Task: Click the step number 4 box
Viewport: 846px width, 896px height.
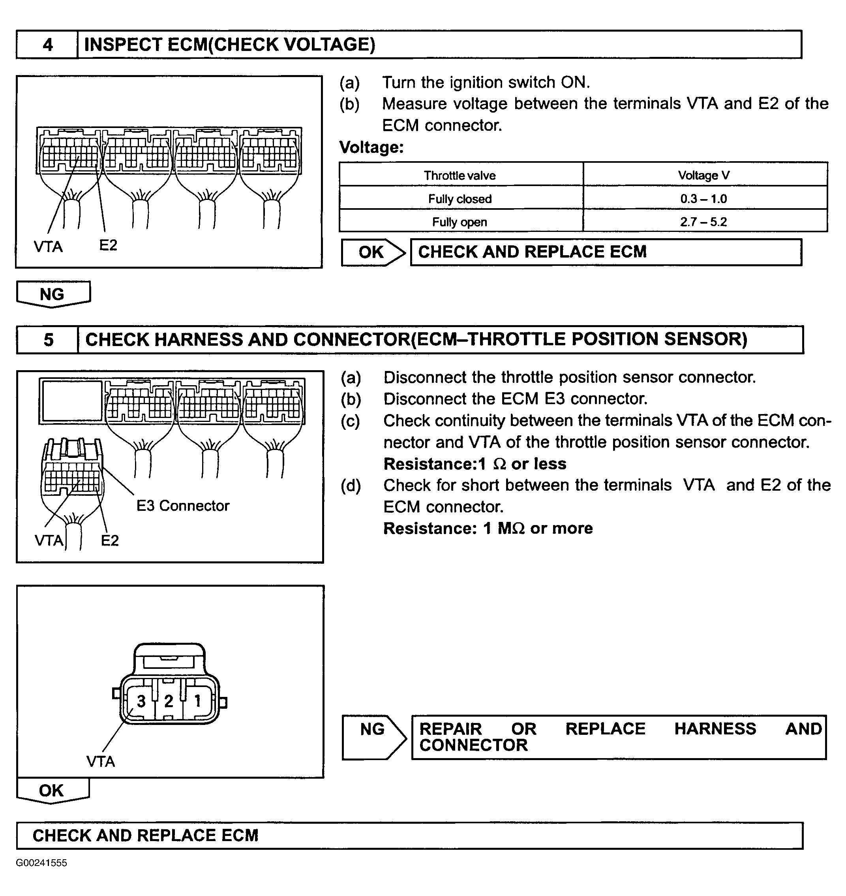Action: pyautogui.click(x=47, y=45)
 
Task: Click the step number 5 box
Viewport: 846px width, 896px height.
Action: pyautogui.click(x=48, y=340)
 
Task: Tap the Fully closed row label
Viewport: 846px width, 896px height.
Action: pyautogui.click(x=460, y=199)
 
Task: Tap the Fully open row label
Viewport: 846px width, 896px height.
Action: pyautogui.click(x=460, y=222)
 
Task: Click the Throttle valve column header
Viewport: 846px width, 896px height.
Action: pyautogui.click(x=460, y=175)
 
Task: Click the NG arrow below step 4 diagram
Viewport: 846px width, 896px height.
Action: pyautogui.click(x=53, y=294)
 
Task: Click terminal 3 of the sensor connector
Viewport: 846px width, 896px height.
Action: pyautogui.click(x=141, y=701)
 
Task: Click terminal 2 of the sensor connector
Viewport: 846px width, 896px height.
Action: pyautogui.click(x=169, y=701)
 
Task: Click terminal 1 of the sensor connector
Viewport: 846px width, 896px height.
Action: pyautogui.click(x=197, y=701)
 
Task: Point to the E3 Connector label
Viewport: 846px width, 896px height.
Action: pyautogui.click(x=183, y=506)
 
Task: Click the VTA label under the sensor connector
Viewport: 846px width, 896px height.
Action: pyautogui.click(x=101, y=762)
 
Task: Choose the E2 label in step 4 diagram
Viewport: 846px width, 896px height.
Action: pyautogui.click(x=108, y=245)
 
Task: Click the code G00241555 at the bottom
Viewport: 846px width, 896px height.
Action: pyautogui.click(x=41, y=862)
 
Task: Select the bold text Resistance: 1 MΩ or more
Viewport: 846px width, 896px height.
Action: pyautogui.click(x=488, y=528)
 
